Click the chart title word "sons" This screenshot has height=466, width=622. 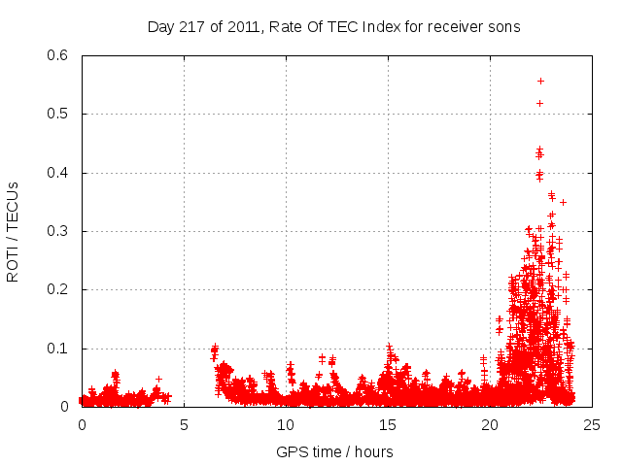[503, 26]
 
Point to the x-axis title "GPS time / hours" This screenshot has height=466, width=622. [334, 451]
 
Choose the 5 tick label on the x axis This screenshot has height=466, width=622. [184, 425]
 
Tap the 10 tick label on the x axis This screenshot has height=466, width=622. [286, 425]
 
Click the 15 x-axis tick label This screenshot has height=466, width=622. [388, 425]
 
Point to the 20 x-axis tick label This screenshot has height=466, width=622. [490, 425]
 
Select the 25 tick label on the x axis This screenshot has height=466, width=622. [592, 425]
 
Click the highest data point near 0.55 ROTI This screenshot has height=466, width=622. [540, 81]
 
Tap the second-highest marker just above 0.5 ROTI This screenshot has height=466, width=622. [539, 103]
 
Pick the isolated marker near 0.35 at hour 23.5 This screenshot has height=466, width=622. [563, 202]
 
